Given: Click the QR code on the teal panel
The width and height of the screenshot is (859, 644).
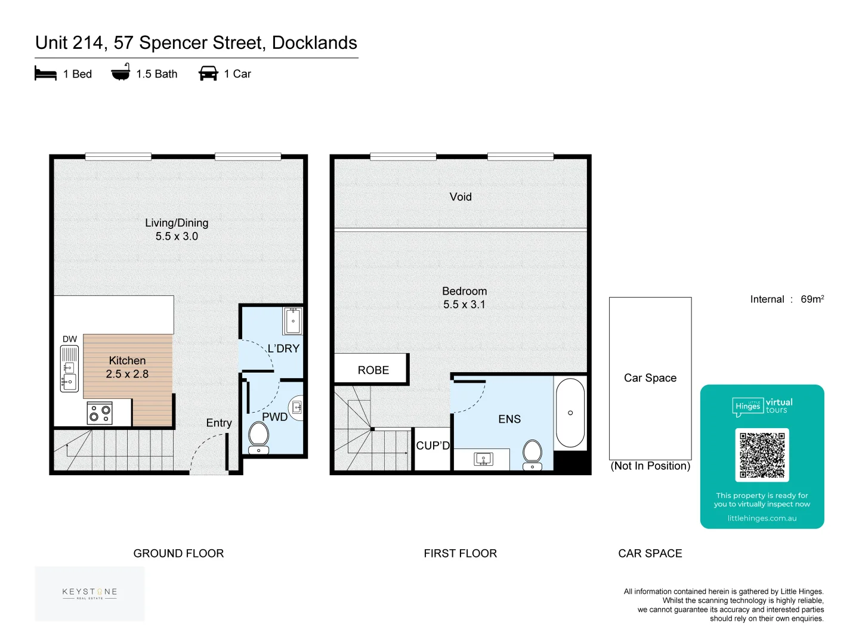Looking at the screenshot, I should [x=762, y=455].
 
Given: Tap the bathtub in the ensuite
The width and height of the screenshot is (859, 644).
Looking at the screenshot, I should [x=570, y=413].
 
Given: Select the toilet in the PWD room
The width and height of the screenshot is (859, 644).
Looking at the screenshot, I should [x=258, y=437].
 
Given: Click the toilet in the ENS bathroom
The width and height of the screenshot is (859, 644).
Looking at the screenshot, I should [x=532, y=455].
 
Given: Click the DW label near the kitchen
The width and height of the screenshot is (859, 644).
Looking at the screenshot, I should [x=70, y=339].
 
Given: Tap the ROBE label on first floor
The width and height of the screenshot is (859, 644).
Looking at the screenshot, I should [x=373, y=370].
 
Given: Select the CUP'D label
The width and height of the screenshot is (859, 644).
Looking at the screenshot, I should [x=432, y=445].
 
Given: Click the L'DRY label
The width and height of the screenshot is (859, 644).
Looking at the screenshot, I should [x=283, y=349].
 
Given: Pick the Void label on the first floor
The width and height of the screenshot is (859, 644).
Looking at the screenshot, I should [x=461, y=197].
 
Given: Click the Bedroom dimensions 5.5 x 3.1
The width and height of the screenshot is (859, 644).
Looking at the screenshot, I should [x=464, y=305].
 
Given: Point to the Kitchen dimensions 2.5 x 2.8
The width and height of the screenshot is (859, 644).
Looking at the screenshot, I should [x=127, y=374].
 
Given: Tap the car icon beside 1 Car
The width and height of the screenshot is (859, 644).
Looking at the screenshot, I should [x=208, y=73].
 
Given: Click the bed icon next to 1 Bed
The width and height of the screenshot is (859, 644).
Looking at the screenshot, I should [x=45, y=73].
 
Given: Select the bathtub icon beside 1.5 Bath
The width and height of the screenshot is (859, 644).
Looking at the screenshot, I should [x=120, y=73].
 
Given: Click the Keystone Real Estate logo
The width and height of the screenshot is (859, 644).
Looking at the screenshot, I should [x=89, y=593].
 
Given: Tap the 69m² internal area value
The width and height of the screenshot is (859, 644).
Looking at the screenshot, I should [x=812, y=299].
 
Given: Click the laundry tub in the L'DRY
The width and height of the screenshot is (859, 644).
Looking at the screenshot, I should [x=293, y=321].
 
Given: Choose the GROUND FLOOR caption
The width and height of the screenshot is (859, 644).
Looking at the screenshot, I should [x=178, y=553].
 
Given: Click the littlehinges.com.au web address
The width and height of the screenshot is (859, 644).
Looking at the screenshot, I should [x=762, y=518].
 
